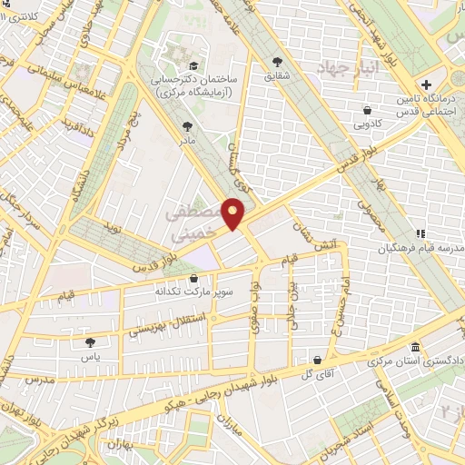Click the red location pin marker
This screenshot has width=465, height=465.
click(x=234, y=214)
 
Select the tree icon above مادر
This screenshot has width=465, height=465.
click(x=187, y=126)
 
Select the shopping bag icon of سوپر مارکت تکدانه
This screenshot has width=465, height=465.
click(x=193, y=278)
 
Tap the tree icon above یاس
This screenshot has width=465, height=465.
click(x=90, y=342)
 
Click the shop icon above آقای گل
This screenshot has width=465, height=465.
click(x=316, y=360)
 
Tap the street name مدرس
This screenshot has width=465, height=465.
click(x=40, y=379)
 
